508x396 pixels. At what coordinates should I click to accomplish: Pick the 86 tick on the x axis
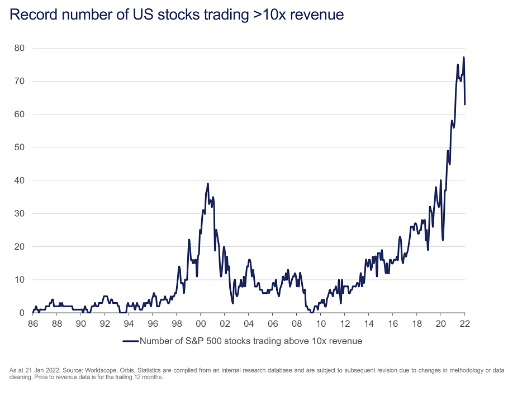click(x=34, y=323)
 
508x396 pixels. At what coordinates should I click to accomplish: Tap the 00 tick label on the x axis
click(x=201, y=323)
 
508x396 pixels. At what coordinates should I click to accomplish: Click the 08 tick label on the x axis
click(x=297, y=323)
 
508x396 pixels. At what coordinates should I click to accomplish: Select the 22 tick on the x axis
click(x=464, y=323)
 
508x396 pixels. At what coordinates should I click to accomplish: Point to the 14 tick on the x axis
click(x=369, y=323)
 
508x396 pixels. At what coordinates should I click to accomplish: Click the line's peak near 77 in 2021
click(x=464, y=58)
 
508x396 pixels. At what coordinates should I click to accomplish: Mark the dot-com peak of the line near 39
click(x=208, y=183)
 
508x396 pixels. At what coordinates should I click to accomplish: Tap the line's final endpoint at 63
click(x=465, y=104)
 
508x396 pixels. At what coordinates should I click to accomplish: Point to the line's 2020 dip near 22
click(x=443, y=240)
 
